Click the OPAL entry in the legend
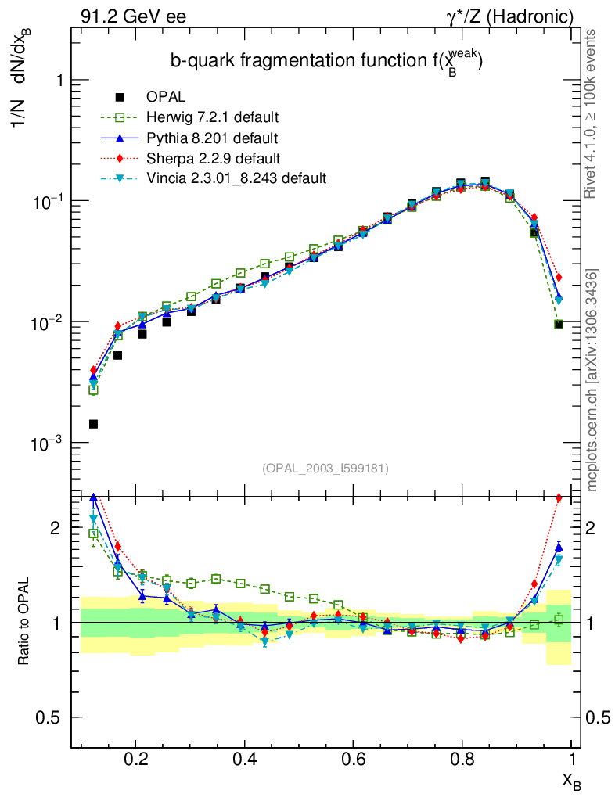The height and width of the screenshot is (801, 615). click(165, 97)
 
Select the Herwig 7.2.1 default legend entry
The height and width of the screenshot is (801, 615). click(212, 117)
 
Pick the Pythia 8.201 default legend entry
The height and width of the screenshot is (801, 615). click(212, 138)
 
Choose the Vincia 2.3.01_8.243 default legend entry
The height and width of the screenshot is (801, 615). click(236, 178)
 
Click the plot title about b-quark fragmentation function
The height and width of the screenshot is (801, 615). click(326, 63)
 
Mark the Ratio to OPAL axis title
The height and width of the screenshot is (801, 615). click(23, 622)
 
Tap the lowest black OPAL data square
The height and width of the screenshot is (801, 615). click(93, 424)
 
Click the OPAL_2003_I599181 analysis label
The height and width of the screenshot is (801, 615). click(325, 468)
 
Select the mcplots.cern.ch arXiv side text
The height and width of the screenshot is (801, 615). click(592, 379)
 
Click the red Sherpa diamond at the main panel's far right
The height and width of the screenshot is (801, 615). click(559, 277)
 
